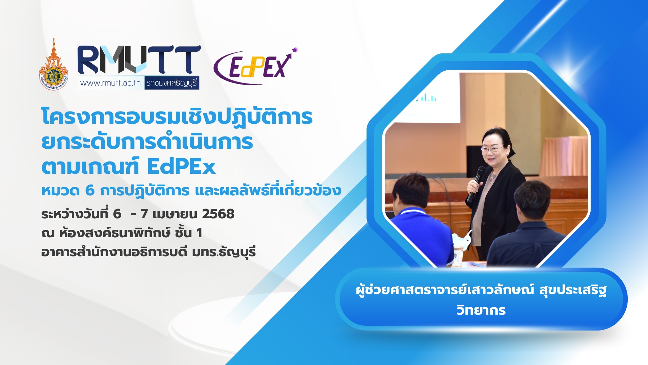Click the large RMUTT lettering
point(139,60)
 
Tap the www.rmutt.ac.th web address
point(110,83)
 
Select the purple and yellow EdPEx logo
point(255,66)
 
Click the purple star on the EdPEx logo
point(295,50)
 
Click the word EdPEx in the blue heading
point(181,167)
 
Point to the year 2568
point(218,214)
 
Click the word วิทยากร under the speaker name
point(481,310)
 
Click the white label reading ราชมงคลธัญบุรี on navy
point(172,83)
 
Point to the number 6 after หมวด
point(90,191)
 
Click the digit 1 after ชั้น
point(199,233)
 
